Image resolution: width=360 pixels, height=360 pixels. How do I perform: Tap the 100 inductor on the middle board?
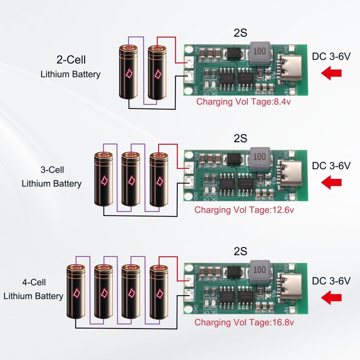pyautogui.click(x=260, y=157)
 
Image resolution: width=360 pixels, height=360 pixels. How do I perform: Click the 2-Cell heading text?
pyautogui.click(x=71, y=59)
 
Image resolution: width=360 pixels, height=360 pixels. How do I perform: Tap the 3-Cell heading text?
pyautogui.click(x=52, y=170)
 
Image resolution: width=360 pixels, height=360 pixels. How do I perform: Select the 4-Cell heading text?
pyautogui.click(x=34, y=283)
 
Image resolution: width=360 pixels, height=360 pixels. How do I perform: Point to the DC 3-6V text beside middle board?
pyautogui.click(x=331, y=166)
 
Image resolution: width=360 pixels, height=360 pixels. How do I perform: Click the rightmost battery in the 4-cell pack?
pyautogui.click(x=158, y=291)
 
